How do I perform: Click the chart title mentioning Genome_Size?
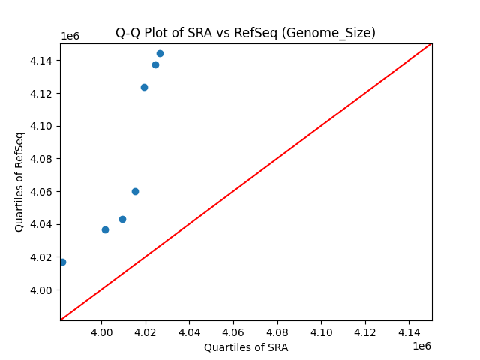[x=245, y=33]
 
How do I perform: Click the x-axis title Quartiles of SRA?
[x=245, y=347]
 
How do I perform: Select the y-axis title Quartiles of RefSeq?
[x=19, y=181]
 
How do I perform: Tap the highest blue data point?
[x=160, y=53]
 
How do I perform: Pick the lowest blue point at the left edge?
[x=62, y=262]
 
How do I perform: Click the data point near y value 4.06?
[x=135, y=191]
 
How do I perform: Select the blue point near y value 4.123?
[x=144, y=87]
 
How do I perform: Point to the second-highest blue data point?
[x=155, y=64]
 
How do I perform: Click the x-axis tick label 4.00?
[x=101, y=331]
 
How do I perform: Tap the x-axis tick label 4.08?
[x=277, y=331]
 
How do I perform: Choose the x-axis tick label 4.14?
[x=409, y=331]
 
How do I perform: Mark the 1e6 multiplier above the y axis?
[x=70, y=37]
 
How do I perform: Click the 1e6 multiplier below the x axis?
[x=421, y=346]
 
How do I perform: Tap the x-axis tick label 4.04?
[x=189, y=331]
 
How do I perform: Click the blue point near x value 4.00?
[x=105, y=229]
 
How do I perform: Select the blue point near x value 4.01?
[x=122, y=219]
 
